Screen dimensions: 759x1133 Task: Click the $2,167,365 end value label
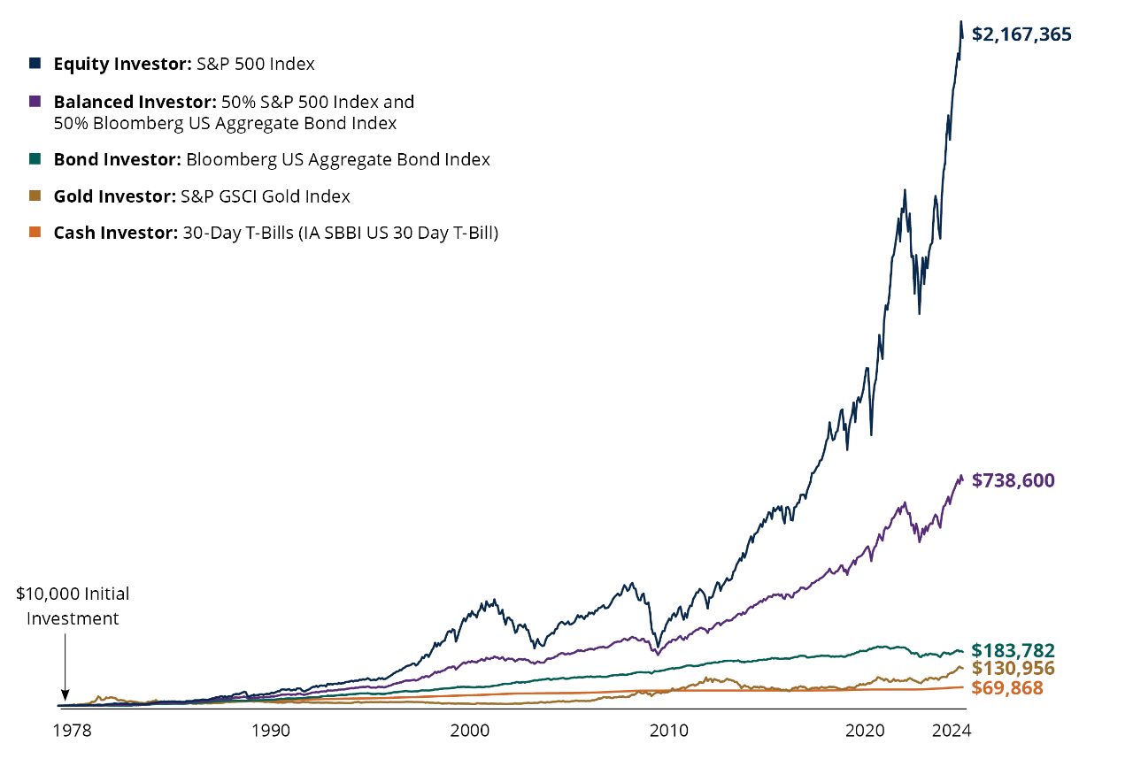click(1021, 34)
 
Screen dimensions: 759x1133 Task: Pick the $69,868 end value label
click(1006, 687)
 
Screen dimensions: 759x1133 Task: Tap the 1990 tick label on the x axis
click(270, 732)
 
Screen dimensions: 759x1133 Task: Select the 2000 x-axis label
click(469, 732)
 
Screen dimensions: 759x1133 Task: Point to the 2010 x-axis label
click(668, 732)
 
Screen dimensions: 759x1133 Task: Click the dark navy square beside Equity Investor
click(35, 64)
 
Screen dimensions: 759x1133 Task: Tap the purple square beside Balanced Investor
click(35, 102)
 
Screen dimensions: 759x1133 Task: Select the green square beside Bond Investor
click(35, 159)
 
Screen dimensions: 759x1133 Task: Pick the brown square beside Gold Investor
click(35, 196)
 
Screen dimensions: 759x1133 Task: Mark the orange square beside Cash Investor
click(35, 234)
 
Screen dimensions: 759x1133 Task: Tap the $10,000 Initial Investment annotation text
click(73, 606)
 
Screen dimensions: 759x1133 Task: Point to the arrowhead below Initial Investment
click(64, 696)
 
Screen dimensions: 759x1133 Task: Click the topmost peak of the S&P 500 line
click(961, 22)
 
